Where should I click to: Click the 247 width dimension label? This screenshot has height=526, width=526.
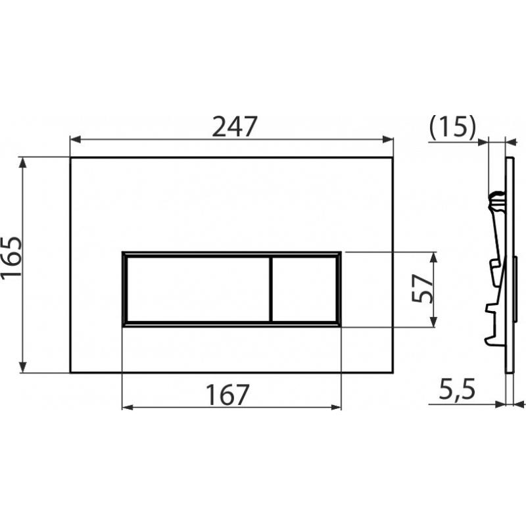click(235, 126)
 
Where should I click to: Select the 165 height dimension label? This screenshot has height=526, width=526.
click(11, 257)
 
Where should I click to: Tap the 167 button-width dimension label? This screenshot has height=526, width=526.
click(227, 394)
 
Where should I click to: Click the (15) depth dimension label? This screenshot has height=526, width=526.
click(452, 127)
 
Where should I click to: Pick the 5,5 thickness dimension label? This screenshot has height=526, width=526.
click(457, 390)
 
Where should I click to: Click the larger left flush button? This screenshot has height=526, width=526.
click(198, 289)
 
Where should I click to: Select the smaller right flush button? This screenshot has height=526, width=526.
click(304, 289)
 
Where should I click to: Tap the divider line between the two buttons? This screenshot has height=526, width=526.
click(270, 289)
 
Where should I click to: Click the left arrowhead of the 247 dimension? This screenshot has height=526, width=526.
click(75, 139)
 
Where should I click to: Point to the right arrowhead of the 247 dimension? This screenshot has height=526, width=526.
click(388, 139)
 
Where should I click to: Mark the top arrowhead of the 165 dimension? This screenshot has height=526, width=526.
click(22, 162)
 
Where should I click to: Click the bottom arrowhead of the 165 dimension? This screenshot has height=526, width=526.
click(22, 367)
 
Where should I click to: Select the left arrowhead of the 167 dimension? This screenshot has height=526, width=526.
click(127, 407)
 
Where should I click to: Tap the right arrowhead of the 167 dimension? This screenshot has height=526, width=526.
click(336, 407)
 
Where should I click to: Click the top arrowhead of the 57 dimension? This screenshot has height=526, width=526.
click(433, 257)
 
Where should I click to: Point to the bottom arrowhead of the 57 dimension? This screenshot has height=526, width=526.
click(433, 322)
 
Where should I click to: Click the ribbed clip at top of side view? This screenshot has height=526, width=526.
click(496, 201)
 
